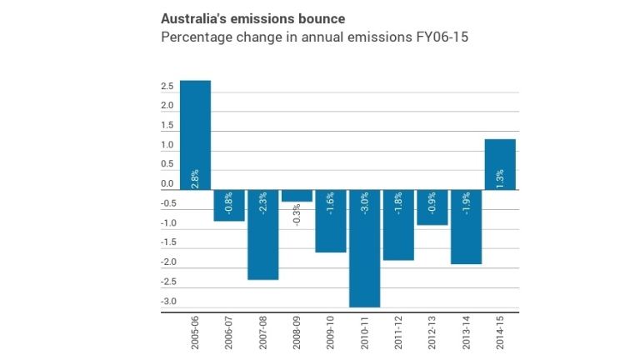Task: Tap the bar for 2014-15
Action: pos(500,164)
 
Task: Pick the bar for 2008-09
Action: pos(297,196)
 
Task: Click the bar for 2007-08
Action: pos(262,234)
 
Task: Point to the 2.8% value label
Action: pos(195,177)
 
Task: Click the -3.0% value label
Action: pos(365,203)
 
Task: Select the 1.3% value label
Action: pos(500,177)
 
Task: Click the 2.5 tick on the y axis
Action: pos(167,87)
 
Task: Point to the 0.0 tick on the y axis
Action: pos(167,184)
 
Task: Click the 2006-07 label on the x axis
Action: pos(229,334)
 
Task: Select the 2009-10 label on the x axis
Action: pos(331,334)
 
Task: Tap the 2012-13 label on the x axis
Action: pos(432,334)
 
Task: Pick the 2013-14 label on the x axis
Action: pos(467,334)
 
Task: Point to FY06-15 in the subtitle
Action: pos(422,37)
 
